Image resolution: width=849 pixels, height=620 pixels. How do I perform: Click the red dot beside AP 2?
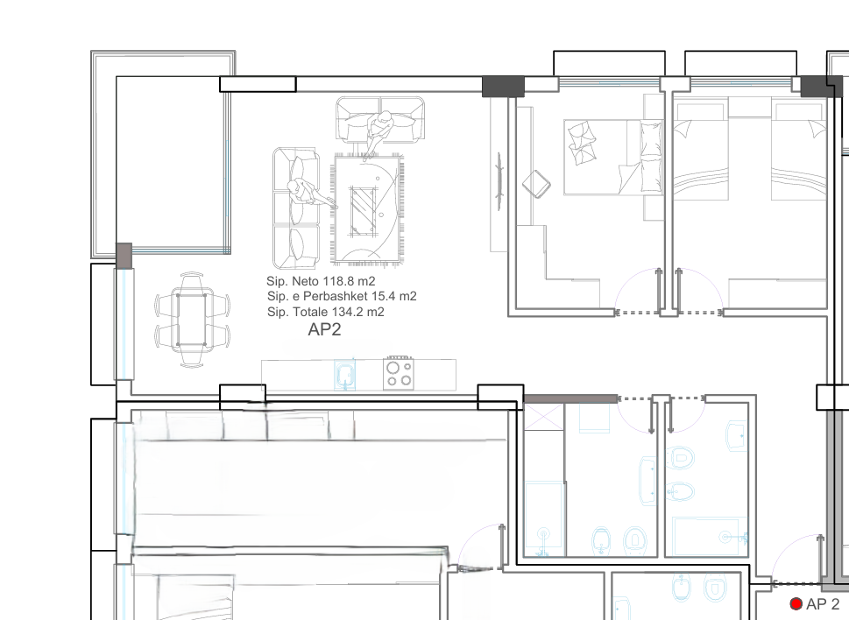point(796,603)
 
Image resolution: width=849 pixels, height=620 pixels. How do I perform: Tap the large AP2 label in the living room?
point(324,329)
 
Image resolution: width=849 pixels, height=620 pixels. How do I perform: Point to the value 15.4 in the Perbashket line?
point(382,297)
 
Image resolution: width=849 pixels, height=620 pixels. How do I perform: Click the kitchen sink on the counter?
point(345,375)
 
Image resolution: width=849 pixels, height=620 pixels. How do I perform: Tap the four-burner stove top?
point(398,373)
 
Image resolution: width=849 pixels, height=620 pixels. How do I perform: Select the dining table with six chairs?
point(192,320)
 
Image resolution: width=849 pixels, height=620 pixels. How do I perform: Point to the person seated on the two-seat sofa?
point(380,130)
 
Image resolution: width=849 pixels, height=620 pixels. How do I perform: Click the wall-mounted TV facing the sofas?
point(499,181)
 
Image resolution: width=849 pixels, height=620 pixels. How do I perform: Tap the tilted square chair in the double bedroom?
point(536,184)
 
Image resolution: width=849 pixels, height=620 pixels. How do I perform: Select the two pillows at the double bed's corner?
point(582,142)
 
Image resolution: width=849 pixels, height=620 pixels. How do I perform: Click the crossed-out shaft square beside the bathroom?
point(543,417)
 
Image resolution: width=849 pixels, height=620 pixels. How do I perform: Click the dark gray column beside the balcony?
point(124,256)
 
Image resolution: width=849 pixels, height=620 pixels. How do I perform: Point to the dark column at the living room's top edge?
point(503,87)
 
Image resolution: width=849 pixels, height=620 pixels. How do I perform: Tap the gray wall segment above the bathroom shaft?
point(570,398)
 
